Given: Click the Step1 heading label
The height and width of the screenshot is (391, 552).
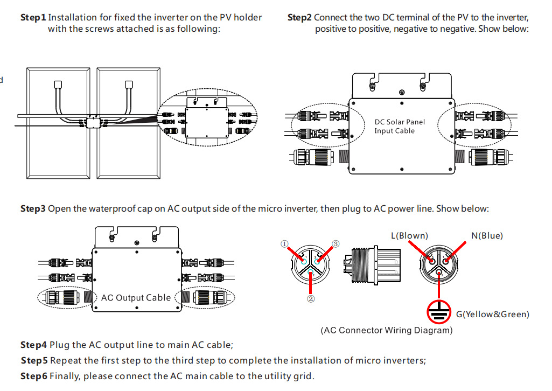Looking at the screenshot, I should tap(33, 18).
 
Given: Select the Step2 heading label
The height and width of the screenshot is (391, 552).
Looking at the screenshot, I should tap(299, 18).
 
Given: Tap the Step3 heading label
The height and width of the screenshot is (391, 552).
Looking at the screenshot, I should tap(33, 208).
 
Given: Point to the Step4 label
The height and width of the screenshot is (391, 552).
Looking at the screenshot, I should tap(33, 345).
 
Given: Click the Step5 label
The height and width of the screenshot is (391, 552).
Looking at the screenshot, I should tap(33, 360).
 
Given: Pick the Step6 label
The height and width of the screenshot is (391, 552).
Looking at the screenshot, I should tap(33, 376).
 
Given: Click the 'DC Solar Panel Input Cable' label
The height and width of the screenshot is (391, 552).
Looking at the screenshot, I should tap(400, 126).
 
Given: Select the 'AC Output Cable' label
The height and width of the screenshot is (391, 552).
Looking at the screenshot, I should tap(136, 297).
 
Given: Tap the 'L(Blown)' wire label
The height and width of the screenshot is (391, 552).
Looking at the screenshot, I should tap(409, 235).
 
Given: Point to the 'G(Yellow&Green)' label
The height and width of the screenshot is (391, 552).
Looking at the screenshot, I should tap(492, 314).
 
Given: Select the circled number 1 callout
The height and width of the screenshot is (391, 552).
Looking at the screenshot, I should tap(285, 243).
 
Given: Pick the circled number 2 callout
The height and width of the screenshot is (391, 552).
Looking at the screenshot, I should tap(311, 297).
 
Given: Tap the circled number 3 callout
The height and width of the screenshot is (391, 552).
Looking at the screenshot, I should tap(336, 244).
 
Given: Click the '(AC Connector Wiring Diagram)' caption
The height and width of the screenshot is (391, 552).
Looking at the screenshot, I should tap(386, 330).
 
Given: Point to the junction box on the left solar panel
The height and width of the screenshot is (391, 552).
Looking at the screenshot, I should tap(58, 84).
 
